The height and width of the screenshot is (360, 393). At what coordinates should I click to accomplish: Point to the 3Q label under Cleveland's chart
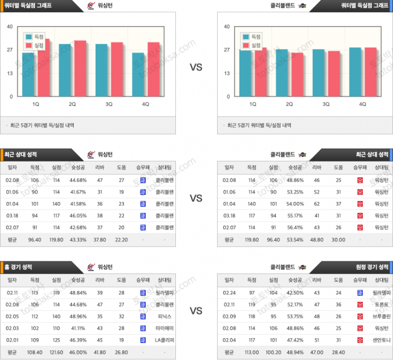pos(326,104)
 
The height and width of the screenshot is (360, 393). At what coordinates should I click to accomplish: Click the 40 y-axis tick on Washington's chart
pos(10,27)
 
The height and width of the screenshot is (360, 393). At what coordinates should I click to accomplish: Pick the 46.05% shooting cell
pos(78,215)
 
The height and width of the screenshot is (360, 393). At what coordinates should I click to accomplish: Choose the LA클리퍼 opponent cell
pos(164,339)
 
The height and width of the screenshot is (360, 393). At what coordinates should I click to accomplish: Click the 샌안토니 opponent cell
pos(381,339)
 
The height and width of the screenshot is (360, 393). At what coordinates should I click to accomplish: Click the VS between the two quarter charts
pos(196,67)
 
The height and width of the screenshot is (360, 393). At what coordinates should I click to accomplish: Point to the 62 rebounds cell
pos(316,203)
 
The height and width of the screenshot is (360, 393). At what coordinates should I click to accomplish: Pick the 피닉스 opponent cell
pos(164,316)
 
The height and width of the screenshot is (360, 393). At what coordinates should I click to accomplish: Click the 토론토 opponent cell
pos(381,305)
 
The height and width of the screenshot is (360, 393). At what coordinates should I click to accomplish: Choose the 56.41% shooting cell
pos(294,227)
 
